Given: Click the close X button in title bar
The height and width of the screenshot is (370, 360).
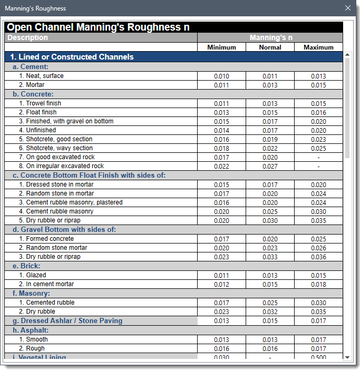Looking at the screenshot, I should (347, 8).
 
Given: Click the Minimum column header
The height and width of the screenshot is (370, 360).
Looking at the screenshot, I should (221, 47).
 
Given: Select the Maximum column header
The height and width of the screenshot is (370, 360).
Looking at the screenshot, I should (318, 47).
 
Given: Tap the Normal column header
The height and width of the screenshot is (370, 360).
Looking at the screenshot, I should (270, 47).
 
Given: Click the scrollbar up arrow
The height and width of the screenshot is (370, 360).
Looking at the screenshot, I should (347, 54).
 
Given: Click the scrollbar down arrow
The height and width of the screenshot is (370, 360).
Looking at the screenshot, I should (347, 357).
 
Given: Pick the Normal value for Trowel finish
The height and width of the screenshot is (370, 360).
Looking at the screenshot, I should (270, 104).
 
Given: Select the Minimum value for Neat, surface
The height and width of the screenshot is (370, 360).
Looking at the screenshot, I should (221, 76).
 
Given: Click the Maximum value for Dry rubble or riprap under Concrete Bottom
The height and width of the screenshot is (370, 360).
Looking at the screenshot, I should (318, 221).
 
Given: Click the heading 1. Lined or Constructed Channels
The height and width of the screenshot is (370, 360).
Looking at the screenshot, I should (72, 57).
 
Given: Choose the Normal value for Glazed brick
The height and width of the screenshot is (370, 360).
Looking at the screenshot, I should (270, 276).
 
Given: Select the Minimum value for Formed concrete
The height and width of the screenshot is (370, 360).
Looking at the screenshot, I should (221, 239).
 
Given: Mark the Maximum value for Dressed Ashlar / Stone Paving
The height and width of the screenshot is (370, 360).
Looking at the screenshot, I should (318, 321).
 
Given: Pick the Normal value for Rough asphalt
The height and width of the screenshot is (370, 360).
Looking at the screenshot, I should (270, 349).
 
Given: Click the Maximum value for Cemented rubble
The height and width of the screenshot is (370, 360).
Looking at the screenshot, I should (318, 303).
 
